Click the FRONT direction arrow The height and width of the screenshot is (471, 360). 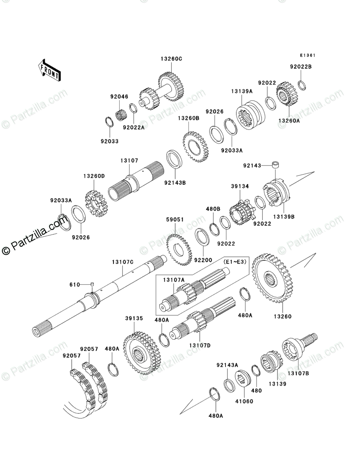[50, 70]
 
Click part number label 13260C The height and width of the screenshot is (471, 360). [172, 58]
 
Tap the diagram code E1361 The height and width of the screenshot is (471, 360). [307, 56]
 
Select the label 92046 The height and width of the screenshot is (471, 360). [119, 97]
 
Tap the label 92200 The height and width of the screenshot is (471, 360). [203, 260]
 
